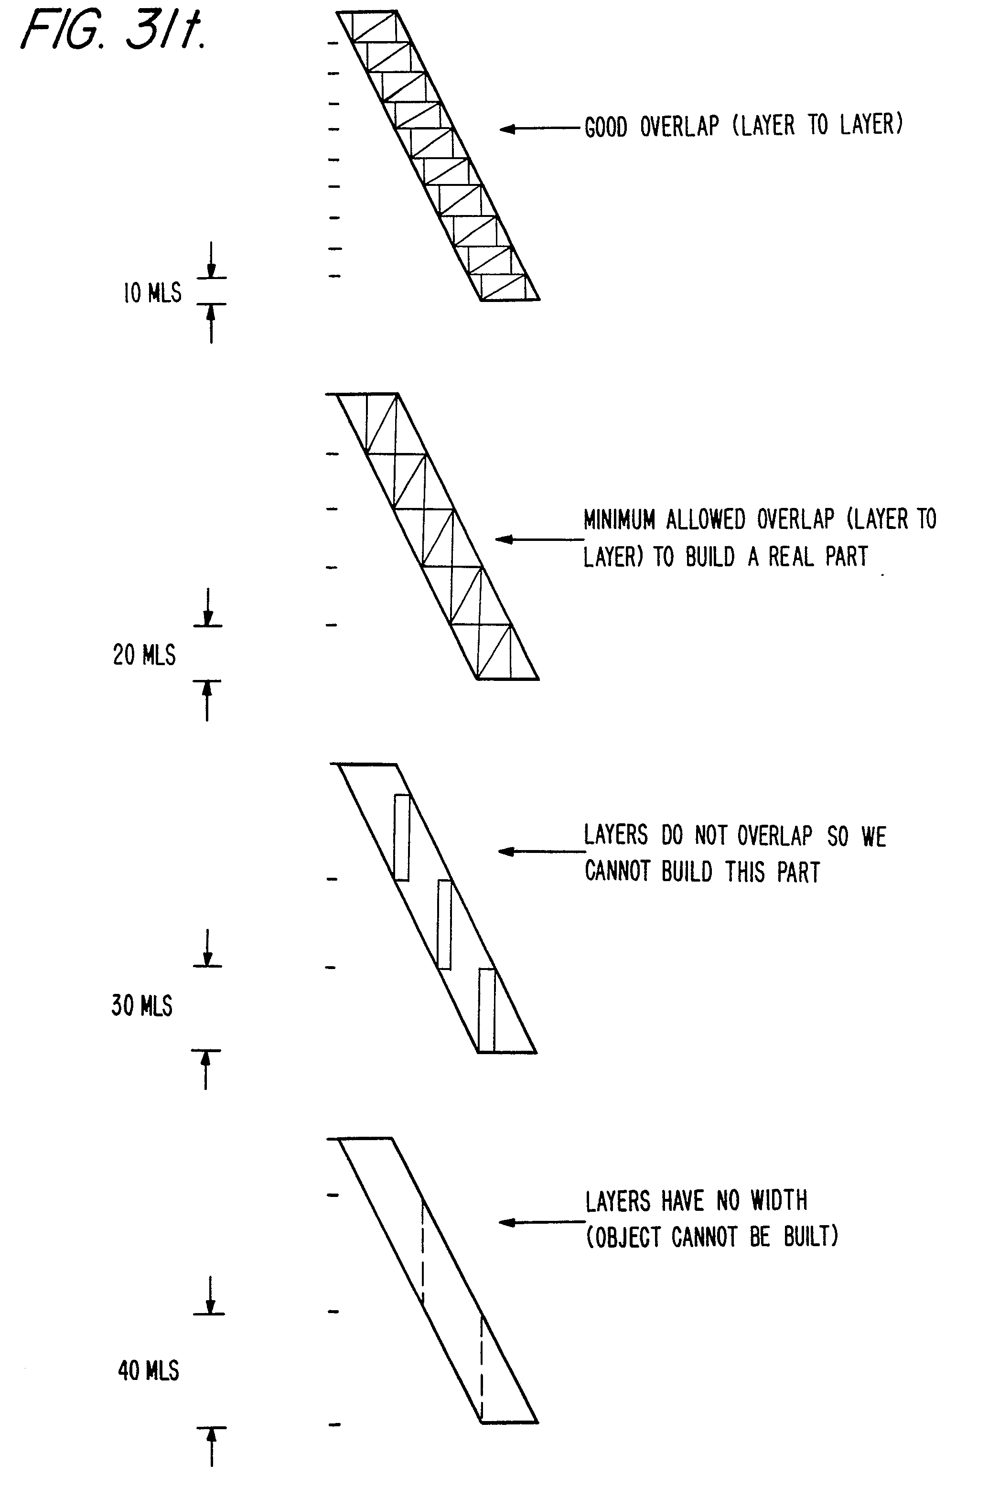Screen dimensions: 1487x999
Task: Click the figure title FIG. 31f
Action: click(x=113, y=30)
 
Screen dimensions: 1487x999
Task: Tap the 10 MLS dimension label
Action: click(x=152, y=292)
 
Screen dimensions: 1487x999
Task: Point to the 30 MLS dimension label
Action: click(x=141, y=1005)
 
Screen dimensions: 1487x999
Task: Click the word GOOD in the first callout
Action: click(x=605, y=128)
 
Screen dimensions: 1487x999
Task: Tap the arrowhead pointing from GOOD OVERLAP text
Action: click(x=506, y=129)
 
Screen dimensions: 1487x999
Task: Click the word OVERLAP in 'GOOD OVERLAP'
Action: click(x=679, y=126)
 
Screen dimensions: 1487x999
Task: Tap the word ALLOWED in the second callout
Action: click(x=705, y=520)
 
